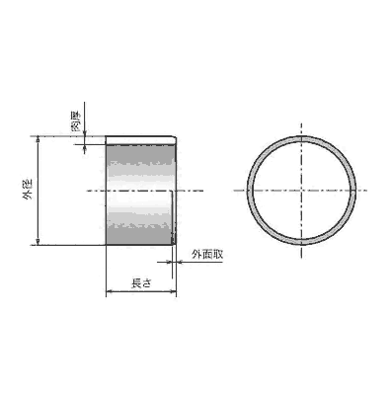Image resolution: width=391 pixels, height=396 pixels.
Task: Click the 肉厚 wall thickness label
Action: tap(76, 121)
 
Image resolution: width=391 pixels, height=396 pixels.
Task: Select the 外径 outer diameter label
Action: tap(28, 191)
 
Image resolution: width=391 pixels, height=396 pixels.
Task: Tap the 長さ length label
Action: tap(141, 283)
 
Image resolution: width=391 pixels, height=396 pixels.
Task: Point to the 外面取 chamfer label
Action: tap(207, 255)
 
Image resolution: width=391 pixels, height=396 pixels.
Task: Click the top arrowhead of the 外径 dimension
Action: tap(39, 139)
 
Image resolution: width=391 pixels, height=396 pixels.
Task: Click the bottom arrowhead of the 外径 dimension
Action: tap(39, 242)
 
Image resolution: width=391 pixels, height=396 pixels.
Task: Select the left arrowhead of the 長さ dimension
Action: tap(110, 291)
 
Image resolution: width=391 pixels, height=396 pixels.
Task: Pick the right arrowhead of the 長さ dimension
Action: tap(173, 291)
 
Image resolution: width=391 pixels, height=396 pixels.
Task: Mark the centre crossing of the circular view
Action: tap(301, 191)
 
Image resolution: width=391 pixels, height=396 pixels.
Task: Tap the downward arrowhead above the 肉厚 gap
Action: tap(85, 132)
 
